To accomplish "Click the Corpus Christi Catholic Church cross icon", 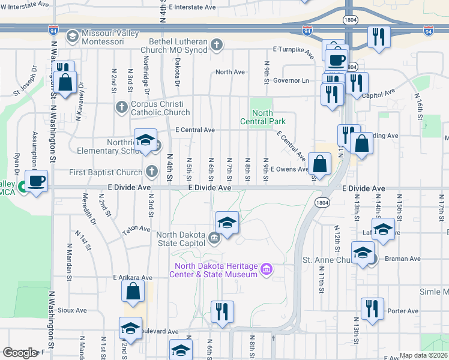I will click(121, 107).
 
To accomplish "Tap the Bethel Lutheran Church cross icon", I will click(217, 44).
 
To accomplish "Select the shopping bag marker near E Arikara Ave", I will click(133, 292).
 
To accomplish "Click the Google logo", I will click(19, 353).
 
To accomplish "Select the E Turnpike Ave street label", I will click(293, 52).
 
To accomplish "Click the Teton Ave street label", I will click(137, 229).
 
